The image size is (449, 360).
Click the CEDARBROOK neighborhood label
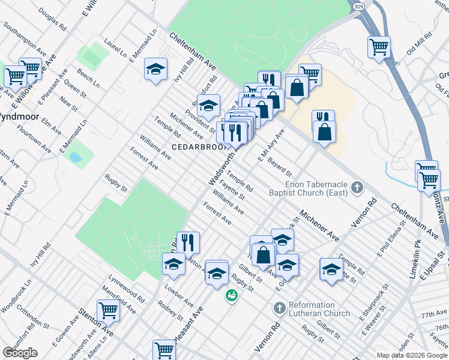tap(199, 147)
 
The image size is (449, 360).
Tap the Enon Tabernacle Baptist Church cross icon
tap(357, 188)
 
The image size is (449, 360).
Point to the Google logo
tap(20, 352)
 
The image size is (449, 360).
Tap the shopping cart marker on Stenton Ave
tap(108, 311)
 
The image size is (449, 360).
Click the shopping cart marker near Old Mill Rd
tap(379, 46)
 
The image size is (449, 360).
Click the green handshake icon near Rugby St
tap(231, 295)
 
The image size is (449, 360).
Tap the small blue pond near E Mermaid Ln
tap(76, 158)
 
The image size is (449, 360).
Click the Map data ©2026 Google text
tap(412, 355)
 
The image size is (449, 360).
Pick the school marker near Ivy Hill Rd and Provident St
tap(208, 106)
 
